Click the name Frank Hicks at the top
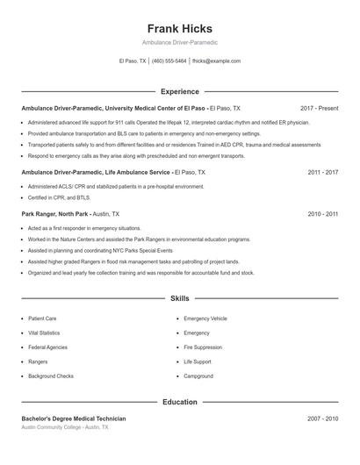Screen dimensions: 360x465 point(180,28)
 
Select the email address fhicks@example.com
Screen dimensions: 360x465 point(216,61)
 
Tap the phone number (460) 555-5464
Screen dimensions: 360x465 point(169,61)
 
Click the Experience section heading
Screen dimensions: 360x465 point(180,91)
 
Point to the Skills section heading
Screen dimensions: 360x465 point(180,299)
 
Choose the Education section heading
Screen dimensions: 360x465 point(180,402)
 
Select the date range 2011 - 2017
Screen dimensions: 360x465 point(323,173)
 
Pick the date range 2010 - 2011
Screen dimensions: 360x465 point(323,213)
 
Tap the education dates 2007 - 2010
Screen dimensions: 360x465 point(323,418)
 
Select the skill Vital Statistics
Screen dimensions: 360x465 point(44,333)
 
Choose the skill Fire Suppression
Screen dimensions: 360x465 point(204,347)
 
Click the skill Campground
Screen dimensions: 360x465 point(198,376)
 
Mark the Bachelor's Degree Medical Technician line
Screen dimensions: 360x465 point(74,418)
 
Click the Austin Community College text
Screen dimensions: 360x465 point(52,427)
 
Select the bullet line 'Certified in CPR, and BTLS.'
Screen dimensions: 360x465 point(59,197)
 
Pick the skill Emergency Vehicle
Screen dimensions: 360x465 point(205,318)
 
